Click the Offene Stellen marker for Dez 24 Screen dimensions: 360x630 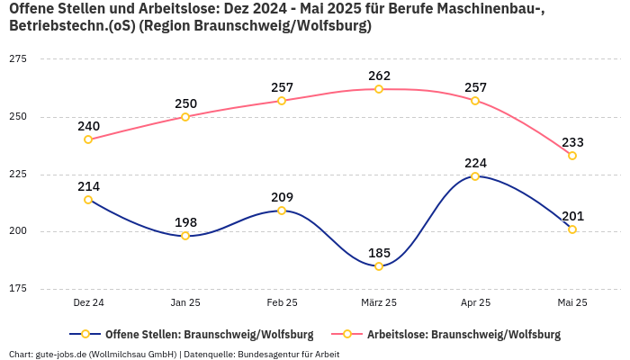88,200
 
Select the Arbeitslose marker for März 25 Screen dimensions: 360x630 379,89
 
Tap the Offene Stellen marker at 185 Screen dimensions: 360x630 379,266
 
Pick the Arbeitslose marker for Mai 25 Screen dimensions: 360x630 572,156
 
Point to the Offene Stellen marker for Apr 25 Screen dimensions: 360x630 475,176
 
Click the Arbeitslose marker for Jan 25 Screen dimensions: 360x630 185,117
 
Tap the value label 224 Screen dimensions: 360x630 475,163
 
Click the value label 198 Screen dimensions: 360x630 185,222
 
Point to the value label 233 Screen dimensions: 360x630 572,142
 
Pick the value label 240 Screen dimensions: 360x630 88,126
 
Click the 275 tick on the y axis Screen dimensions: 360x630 18,58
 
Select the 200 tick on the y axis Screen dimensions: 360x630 18,231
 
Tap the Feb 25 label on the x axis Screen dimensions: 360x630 282,303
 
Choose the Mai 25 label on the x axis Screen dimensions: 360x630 572,303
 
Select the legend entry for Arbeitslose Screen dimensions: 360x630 454,335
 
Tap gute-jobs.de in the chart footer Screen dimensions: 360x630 60,355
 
